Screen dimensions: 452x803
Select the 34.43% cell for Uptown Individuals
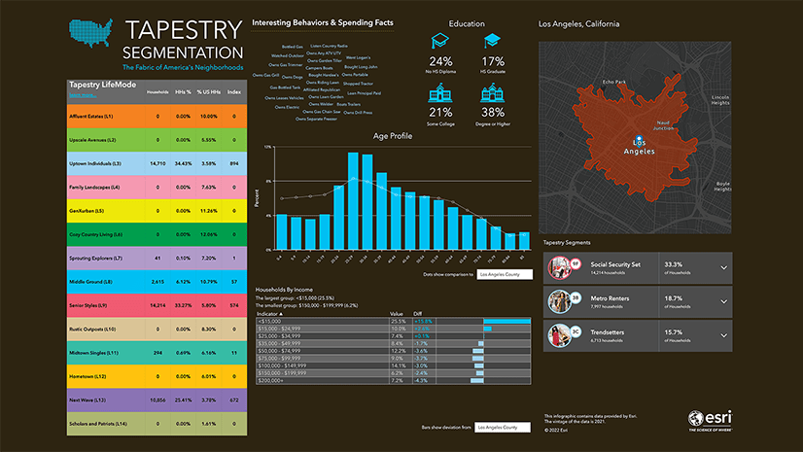(x=181, y=163)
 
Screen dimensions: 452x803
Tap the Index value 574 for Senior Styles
(x=233, y=305)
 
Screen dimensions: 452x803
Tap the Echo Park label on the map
(x=614, y=83)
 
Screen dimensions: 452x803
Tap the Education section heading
(x=467, y=23)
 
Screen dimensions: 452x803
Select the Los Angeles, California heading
(x=580, y=23)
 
